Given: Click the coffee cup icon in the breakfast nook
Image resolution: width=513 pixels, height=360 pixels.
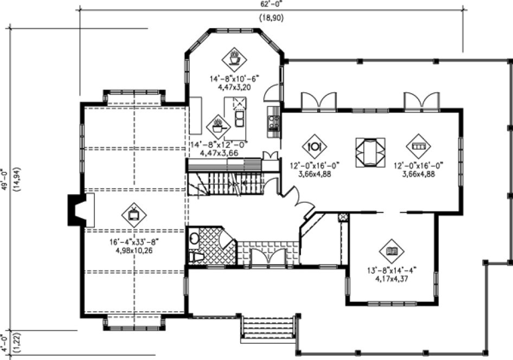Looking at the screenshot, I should click(234, 57).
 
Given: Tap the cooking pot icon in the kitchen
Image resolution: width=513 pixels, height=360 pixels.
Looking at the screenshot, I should click(217, 126).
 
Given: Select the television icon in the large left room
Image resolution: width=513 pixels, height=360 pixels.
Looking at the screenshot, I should click(133, 214).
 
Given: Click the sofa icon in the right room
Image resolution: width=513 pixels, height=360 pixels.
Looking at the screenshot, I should click(419, 145).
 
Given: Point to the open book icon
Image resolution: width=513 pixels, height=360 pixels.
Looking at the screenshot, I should click(390, 250).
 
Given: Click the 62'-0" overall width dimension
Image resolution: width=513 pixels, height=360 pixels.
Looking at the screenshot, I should click(271, 3).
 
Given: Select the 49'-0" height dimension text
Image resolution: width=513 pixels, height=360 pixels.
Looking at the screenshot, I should click(4, 179).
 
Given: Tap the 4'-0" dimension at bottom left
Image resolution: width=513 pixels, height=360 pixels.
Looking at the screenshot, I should click(4, 342).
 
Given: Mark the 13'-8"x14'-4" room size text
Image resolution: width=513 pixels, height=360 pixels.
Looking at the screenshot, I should click(391, 271).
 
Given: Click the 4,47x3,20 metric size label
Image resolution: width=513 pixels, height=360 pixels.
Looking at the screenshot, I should click(234, 86).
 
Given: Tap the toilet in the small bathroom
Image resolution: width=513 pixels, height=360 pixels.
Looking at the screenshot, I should click(195, 256).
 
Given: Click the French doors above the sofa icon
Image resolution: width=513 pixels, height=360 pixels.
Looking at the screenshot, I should click(421, 101).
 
